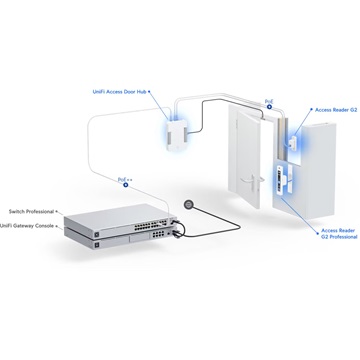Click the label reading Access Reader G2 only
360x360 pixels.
(x=334, y=112)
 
